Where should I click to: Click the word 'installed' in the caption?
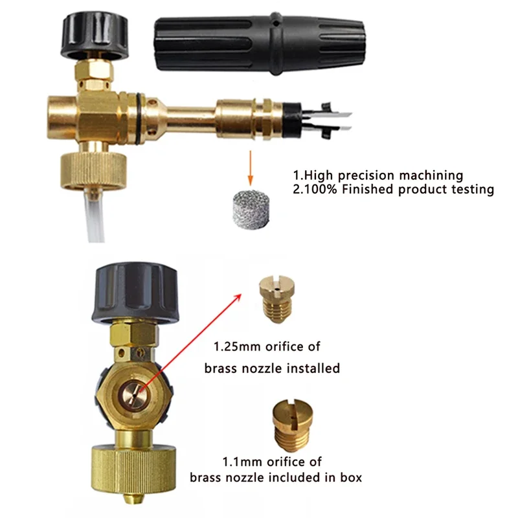coord(313,368)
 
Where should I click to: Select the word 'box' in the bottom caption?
coord(350,478)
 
